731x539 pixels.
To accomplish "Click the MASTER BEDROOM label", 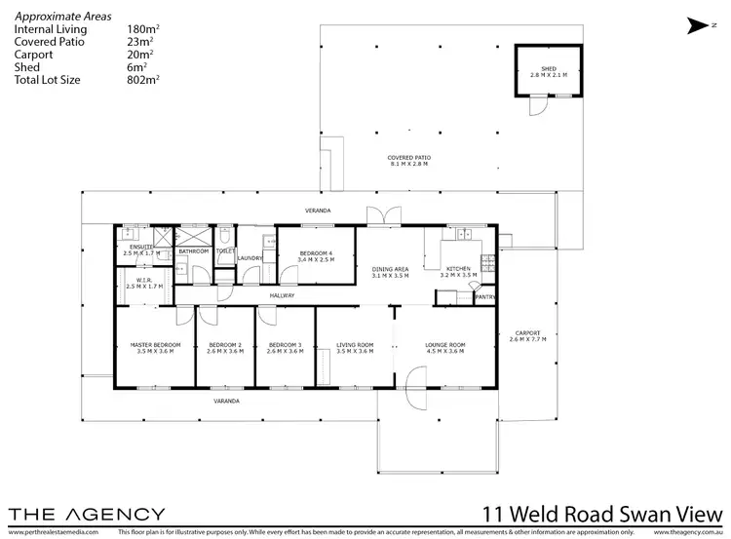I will (x=155, y=345).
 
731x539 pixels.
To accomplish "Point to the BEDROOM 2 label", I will (x=224, y=345).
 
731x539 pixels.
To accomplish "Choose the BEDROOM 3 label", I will (x=284, y=345).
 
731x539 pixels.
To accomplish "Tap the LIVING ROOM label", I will (x=355, y=345).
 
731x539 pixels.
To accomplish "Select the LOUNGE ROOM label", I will (x=443, y=345).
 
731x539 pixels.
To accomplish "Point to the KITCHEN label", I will (x=458, y=269).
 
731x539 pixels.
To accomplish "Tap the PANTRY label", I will (x=485, y=296).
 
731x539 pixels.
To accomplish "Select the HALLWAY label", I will (x=282, y=295).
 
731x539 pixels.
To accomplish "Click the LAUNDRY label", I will (x=250, y=257).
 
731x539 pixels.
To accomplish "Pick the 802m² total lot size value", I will (x=143, y=79).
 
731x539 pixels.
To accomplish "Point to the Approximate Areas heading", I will (x=62, y=18).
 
